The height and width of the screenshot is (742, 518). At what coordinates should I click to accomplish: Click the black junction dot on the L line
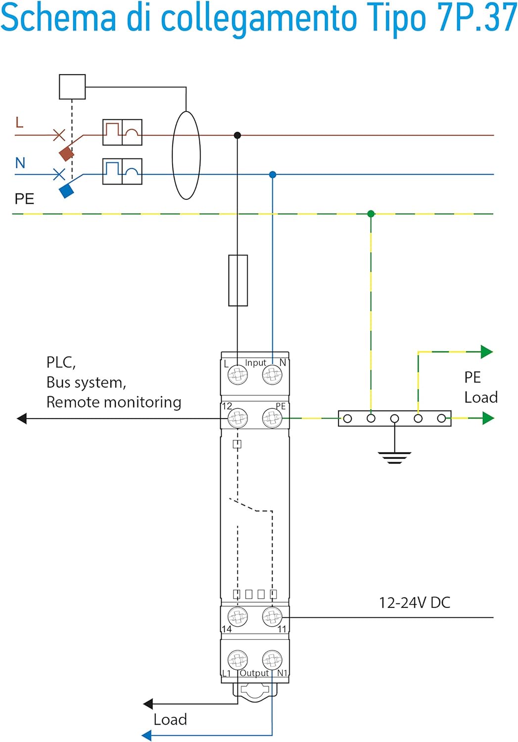237,135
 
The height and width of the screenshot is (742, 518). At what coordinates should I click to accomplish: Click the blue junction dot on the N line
273,175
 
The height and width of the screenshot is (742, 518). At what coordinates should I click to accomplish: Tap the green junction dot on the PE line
371,214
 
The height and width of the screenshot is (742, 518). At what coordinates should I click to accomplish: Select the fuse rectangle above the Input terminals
238,280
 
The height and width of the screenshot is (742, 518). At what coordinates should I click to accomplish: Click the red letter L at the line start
19,122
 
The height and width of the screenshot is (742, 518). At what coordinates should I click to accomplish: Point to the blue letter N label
20,163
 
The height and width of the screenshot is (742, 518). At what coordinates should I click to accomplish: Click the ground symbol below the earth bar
394,457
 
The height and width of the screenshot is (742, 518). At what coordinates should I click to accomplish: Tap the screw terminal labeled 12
237,418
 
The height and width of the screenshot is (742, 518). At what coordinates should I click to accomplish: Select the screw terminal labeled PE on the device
272,418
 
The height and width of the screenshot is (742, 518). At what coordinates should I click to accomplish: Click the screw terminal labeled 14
237,617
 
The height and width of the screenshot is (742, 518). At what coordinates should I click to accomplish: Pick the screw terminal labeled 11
272,617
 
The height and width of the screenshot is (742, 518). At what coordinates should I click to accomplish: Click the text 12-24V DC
415,603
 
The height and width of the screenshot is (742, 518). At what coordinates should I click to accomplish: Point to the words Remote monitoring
114,402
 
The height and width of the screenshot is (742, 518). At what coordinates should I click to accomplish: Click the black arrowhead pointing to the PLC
22,418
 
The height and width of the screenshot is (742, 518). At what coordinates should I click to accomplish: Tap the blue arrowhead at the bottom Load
146,736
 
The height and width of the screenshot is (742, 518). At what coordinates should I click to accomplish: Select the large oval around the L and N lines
186,155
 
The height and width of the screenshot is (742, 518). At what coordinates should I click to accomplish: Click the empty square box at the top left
72,87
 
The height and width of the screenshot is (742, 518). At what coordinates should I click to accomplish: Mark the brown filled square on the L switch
66,153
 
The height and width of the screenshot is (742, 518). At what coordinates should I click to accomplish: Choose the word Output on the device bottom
254,673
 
